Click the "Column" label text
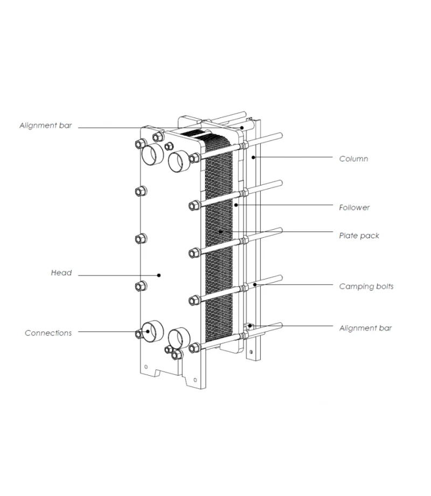[353, 159]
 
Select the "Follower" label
[354, 208]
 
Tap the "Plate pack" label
[359, 236]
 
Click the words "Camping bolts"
[366, 286]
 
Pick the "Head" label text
[61, 273]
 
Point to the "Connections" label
[48, 333]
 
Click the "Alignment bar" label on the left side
[45, 126]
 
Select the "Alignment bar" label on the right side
[365, 328]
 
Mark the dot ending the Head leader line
[159, 275]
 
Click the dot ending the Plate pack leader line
[220, 231]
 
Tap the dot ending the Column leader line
[253, 157]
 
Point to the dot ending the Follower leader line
[236, 205]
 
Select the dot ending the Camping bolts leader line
[255, 284]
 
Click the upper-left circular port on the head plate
[151, 155]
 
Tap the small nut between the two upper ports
[169, 146]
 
